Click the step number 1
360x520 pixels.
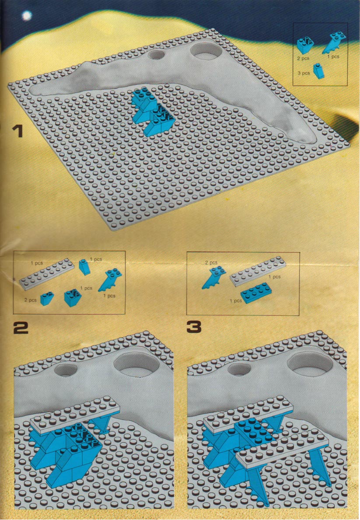pyautogui.click(x=17, y=131)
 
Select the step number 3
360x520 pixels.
pyautogui.click(x=194, y=327)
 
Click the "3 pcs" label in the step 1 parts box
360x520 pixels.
pyautogui.click(x=304, y=73)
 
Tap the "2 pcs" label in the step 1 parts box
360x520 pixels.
pyautogui.click(x=303, y=58)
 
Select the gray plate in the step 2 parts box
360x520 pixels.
pyautogui.click(x=46, y=274)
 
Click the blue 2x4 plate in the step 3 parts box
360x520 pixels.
pyautogui.click(x=256, y=293)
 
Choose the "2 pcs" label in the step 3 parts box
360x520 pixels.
pyautogui.click(x=211, y=263)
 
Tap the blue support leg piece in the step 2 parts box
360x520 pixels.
pyautogui.click(x=110, y=279)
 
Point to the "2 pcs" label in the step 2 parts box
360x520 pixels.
pyautogui.click(x=30, y=300)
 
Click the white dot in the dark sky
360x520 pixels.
pyautogui.click(x=27, y=15)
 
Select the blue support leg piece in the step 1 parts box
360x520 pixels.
pyautogui.click(x=334, y=43)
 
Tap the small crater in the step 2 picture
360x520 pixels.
pyautogui.click(x=66, y=370)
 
